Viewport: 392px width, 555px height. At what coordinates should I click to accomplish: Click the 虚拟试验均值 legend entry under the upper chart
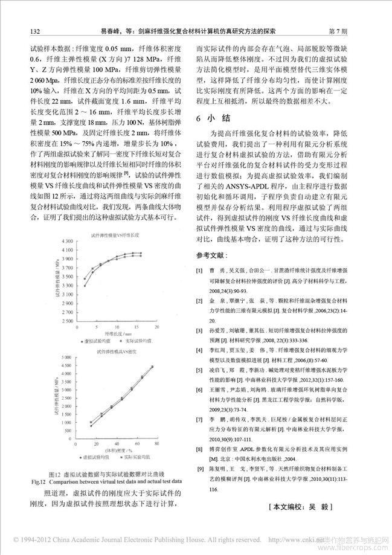point(96,341)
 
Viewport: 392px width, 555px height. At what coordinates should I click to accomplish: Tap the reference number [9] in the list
point(199,468)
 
